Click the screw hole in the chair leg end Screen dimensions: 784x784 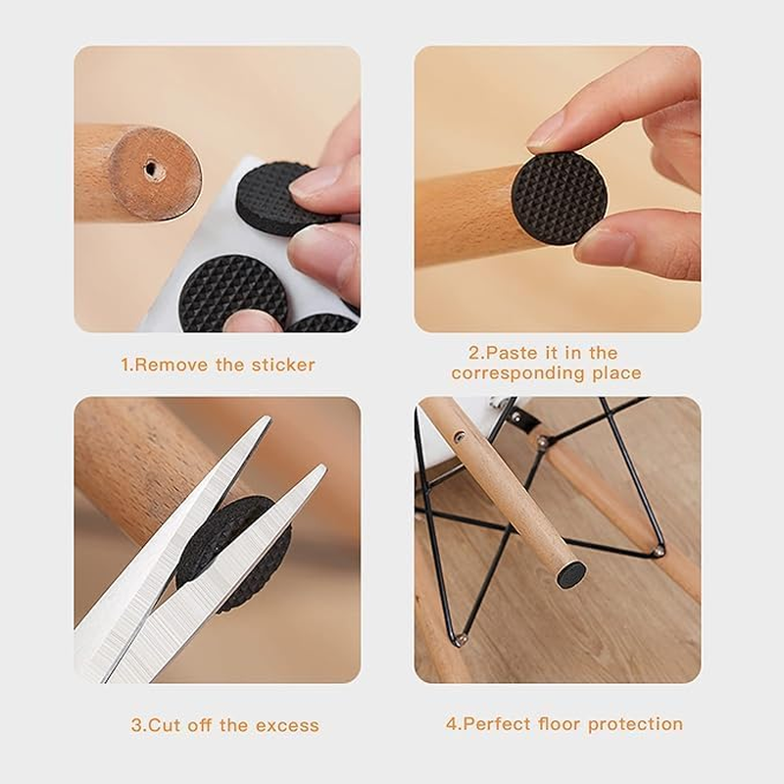tap(150, 170)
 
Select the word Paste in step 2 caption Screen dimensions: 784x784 tap(508, 353)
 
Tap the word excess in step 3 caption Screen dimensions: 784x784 tap(287, 726)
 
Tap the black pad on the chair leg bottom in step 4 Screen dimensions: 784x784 tap(571, 574)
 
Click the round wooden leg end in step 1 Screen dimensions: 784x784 tap(154, 173)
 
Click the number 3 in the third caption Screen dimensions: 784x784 tap(136, 726)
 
